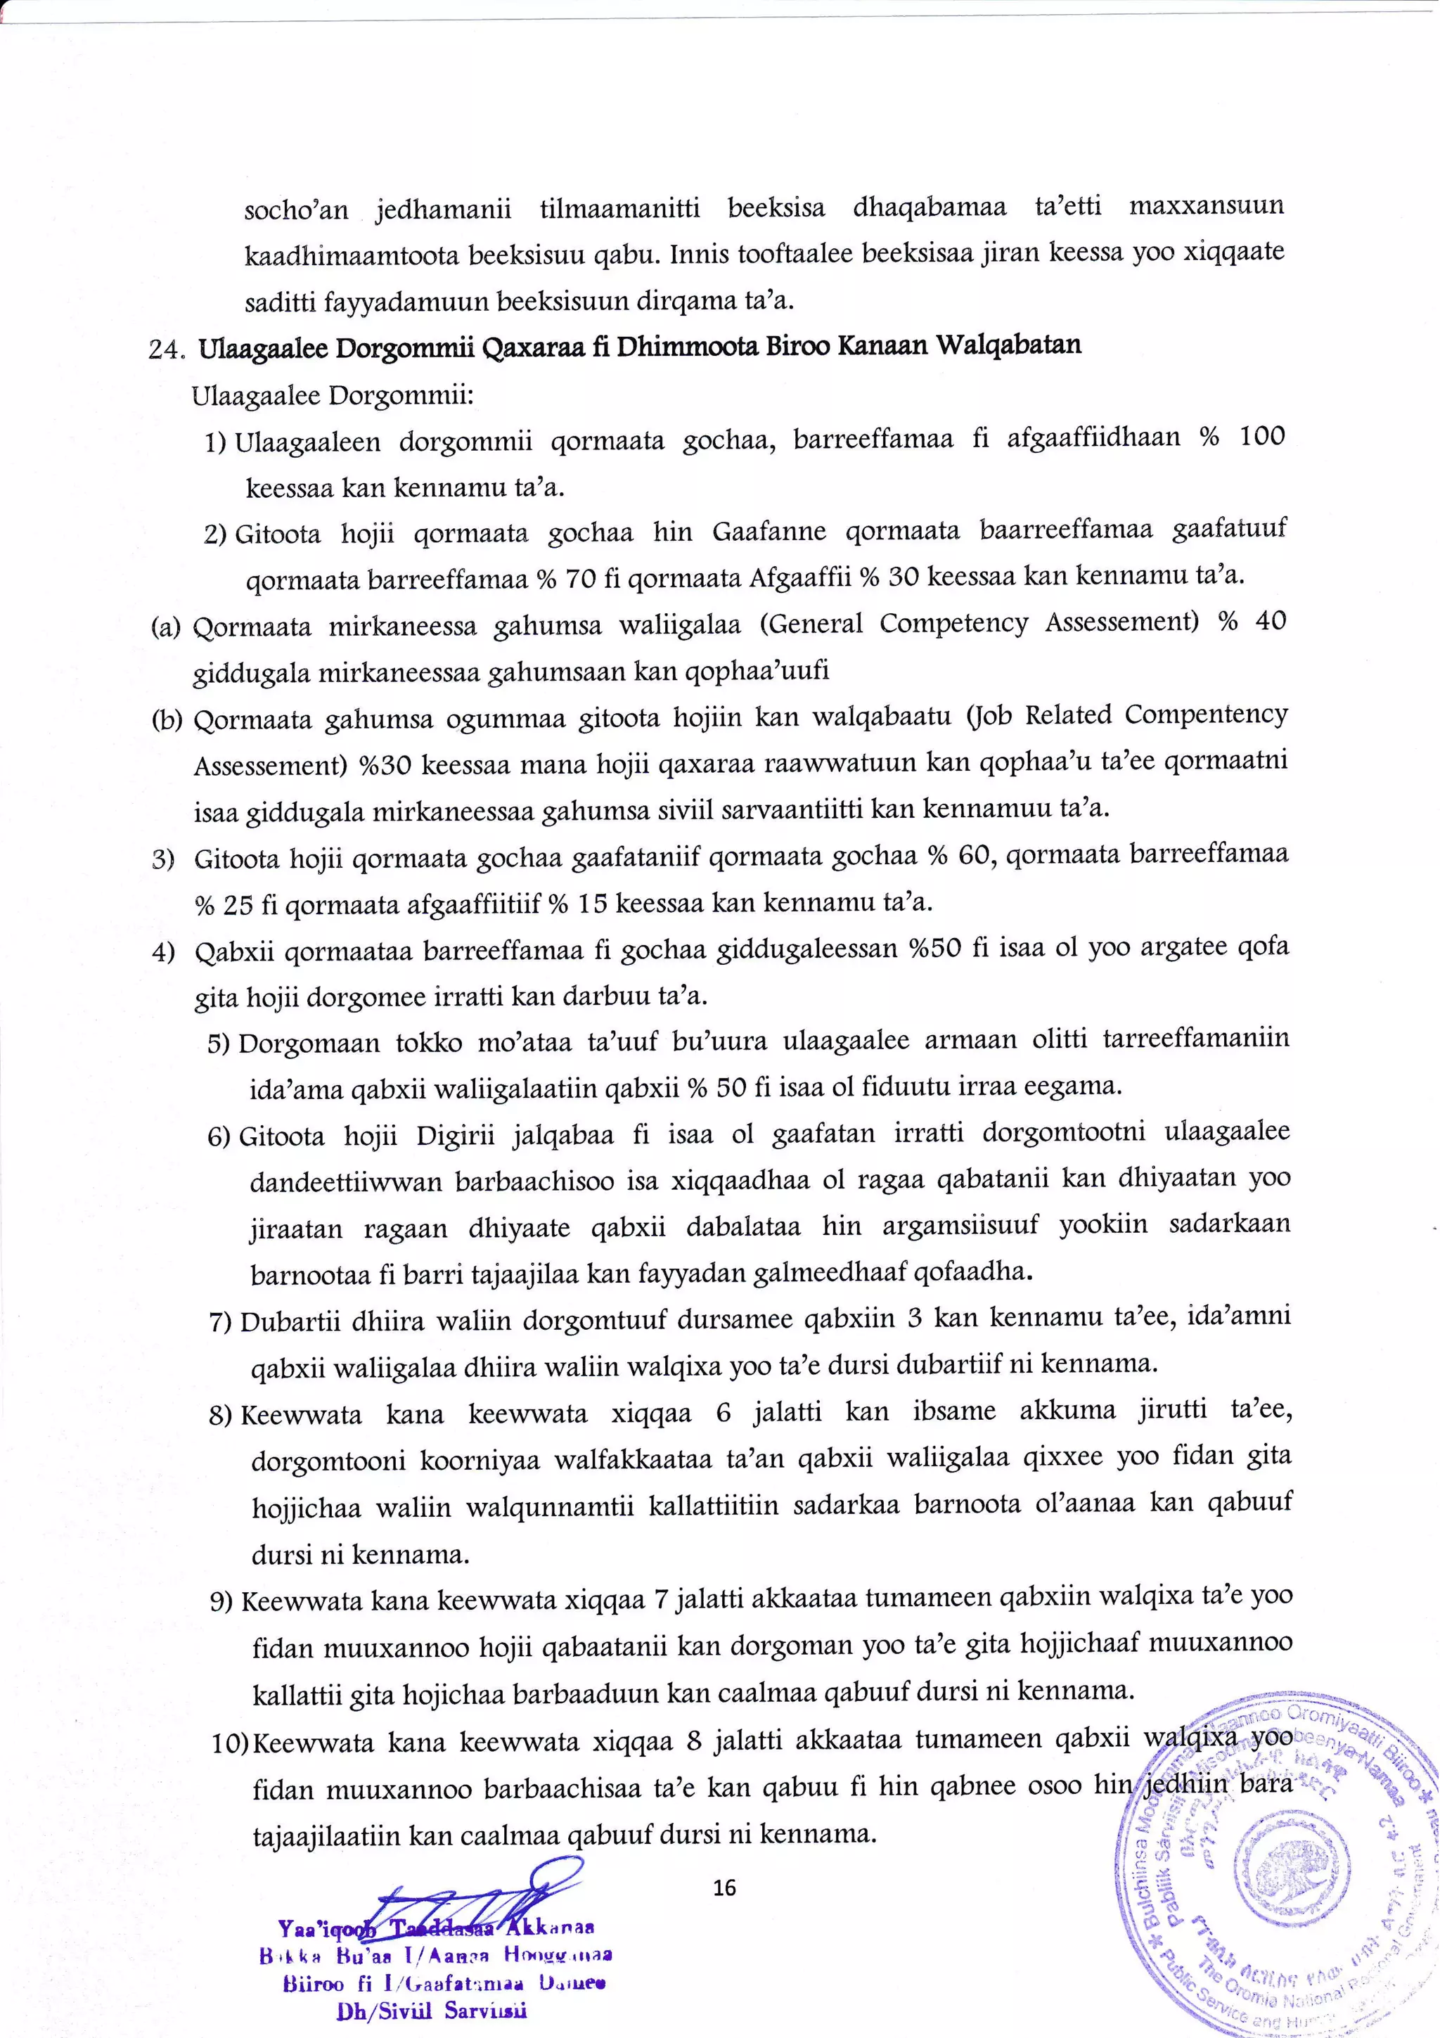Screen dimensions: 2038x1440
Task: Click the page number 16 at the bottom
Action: [724, 1887]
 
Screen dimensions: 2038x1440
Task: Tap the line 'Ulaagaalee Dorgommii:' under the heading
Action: [333, 394]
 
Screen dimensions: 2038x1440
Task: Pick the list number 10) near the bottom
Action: [231, 1743]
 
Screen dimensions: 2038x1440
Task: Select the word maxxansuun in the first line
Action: [1206, 207]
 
